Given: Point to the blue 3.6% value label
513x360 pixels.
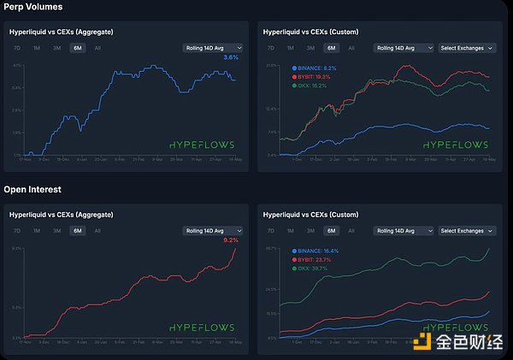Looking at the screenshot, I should [x=230, y=57].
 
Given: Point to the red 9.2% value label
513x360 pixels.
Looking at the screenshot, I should [x=230, y=240].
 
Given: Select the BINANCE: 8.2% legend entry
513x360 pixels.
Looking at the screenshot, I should [x=314, y=67].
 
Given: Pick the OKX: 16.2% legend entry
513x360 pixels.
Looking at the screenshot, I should [x=311, y=86].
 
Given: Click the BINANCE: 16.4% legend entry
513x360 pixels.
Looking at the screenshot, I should [x=315, y=251].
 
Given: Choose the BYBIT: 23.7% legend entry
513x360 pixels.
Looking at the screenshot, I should [x=314, y=259].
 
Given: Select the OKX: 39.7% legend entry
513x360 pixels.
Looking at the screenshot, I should [x=312, y=269].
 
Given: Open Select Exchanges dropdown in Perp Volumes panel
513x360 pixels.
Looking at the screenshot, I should [x=466, y=48].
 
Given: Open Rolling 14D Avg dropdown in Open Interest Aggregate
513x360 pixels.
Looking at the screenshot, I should [x=213, y=231].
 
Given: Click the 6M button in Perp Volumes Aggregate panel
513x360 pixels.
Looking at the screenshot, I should [x=78, y=48].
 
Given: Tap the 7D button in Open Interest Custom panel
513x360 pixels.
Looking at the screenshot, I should [x=271, y=231].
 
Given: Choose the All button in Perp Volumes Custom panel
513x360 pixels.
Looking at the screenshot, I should [x=351, y=48].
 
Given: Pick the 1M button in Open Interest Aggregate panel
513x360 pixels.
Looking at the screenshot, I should [x=37, y=231].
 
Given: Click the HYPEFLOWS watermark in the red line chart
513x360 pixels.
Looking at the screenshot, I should [x=201, y=328].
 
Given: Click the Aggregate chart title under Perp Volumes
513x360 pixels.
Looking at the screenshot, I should [x=61, y=32].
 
